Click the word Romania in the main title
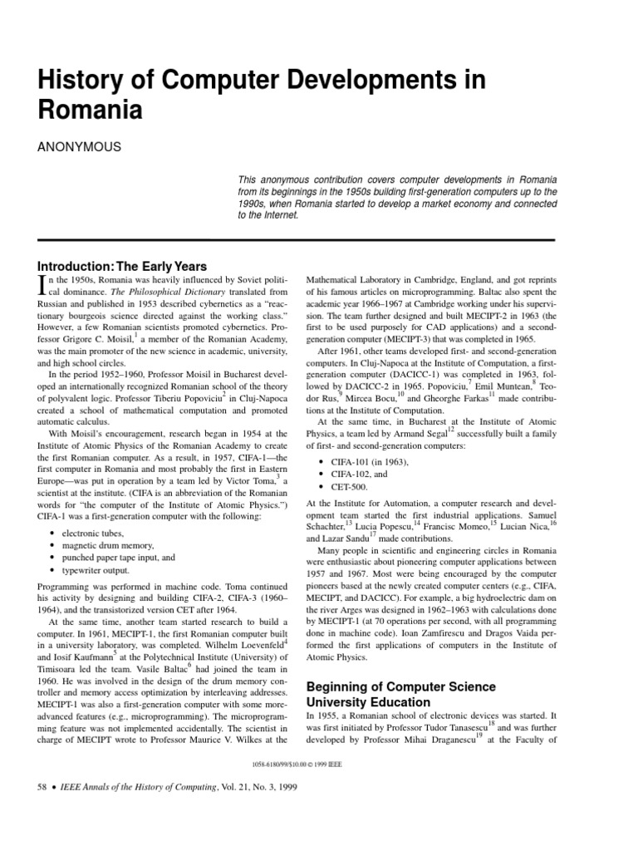click(91, 111)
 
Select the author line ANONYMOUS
click(80, 147)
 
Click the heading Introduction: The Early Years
click(122, 266)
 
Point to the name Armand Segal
click(419, 432)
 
